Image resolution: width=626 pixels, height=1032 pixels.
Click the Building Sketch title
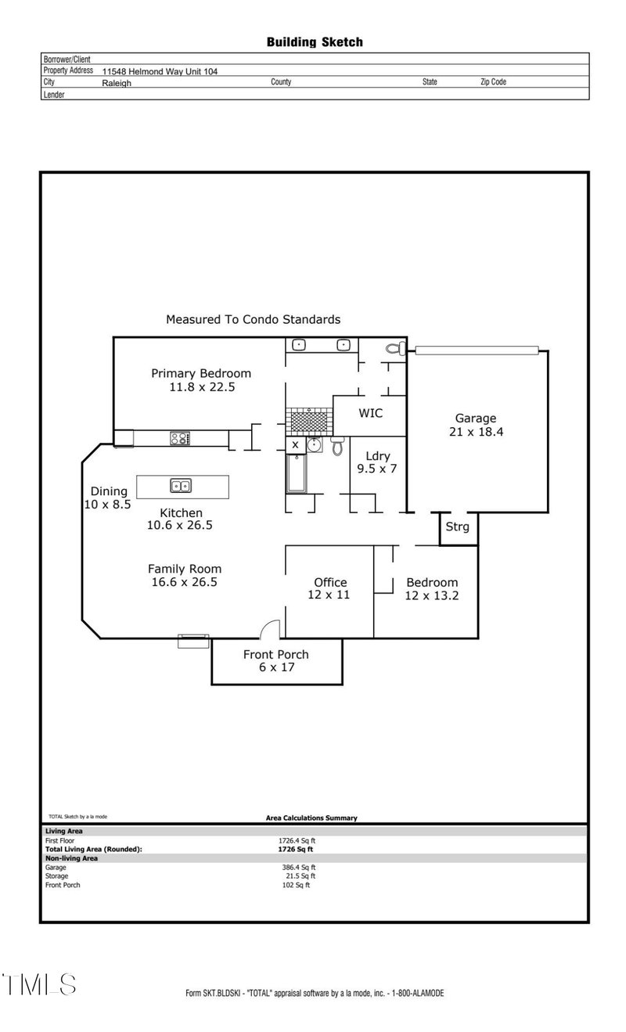[315, 42]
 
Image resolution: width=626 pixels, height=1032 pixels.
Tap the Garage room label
[476, 425]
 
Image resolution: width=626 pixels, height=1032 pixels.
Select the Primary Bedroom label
[201, 379]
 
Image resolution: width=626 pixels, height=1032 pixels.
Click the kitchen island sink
[181, 486]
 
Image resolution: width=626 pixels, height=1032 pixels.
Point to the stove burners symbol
[180, 439]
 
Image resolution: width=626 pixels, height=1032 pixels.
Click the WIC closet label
[370, 412]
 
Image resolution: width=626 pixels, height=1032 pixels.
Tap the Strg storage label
[457, 527]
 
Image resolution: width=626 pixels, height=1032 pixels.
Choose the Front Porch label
[275, 661]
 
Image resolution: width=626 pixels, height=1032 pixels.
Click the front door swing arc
[269, 628]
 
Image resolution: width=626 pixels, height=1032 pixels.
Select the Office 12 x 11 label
[330, 588]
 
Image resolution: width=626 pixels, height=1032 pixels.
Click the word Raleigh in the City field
[117, 82]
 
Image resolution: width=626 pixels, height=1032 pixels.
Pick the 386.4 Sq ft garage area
[298, 867]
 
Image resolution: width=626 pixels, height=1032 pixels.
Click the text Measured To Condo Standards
[253, 319]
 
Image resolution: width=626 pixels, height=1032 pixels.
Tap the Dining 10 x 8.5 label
[108, 498]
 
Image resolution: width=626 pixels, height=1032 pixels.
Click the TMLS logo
[39, 983]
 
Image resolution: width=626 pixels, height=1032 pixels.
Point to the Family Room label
[185, 575]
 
